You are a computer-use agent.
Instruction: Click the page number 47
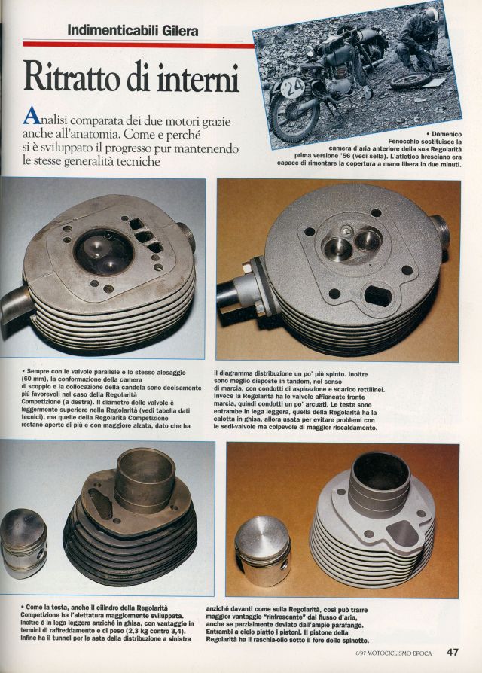point(453,652)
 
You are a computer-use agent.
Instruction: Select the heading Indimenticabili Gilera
point(133,30)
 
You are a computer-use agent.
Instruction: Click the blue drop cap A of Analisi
point(32,116)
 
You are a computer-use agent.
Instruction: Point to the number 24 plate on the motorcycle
point(294,87)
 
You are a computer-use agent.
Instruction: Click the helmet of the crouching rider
point(430,16)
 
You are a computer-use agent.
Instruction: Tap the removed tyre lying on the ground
point(410,80)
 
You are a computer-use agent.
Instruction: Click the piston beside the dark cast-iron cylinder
point(23,543)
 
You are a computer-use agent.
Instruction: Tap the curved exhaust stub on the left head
point(17,301)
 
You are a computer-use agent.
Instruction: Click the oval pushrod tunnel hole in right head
point(377,295)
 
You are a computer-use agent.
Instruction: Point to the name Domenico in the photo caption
point(447,134)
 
